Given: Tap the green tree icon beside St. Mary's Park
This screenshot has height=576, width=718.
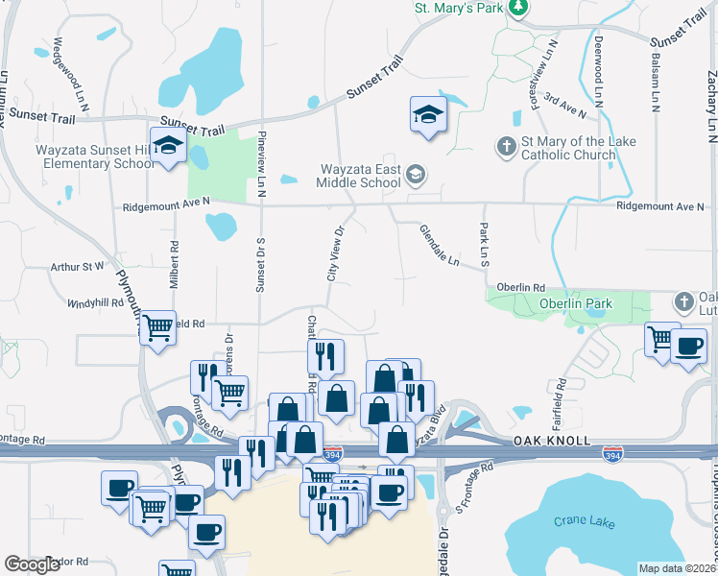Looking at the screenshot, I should click(x=519, y=8).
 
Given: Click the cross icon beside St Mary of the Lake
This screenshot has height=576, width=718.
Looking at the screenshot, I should click(x=506, y=147).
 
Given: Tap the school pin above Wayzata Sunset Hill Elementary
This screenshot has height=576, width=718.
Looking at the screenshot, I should click(x=169, y=146).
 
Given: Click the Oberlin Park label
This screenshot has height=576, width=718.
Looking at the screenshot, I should click(x=548, y=305).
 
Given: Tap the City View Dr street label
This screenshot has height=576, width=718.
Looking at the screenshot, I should click(x=336, y=252).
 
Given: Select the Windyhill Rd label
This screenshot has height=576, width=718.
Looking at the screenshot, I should click(x=96, y=302).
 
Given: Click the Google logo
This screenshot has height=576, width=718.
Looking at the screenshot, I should click(x=32, y=564).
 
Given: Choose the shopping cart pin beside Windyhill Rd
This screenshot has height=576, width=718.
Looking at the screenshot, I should click(x=157, y=328).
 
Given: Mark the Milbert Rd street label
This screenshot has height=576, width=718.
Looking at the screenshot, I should click(x=175, y=259).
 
